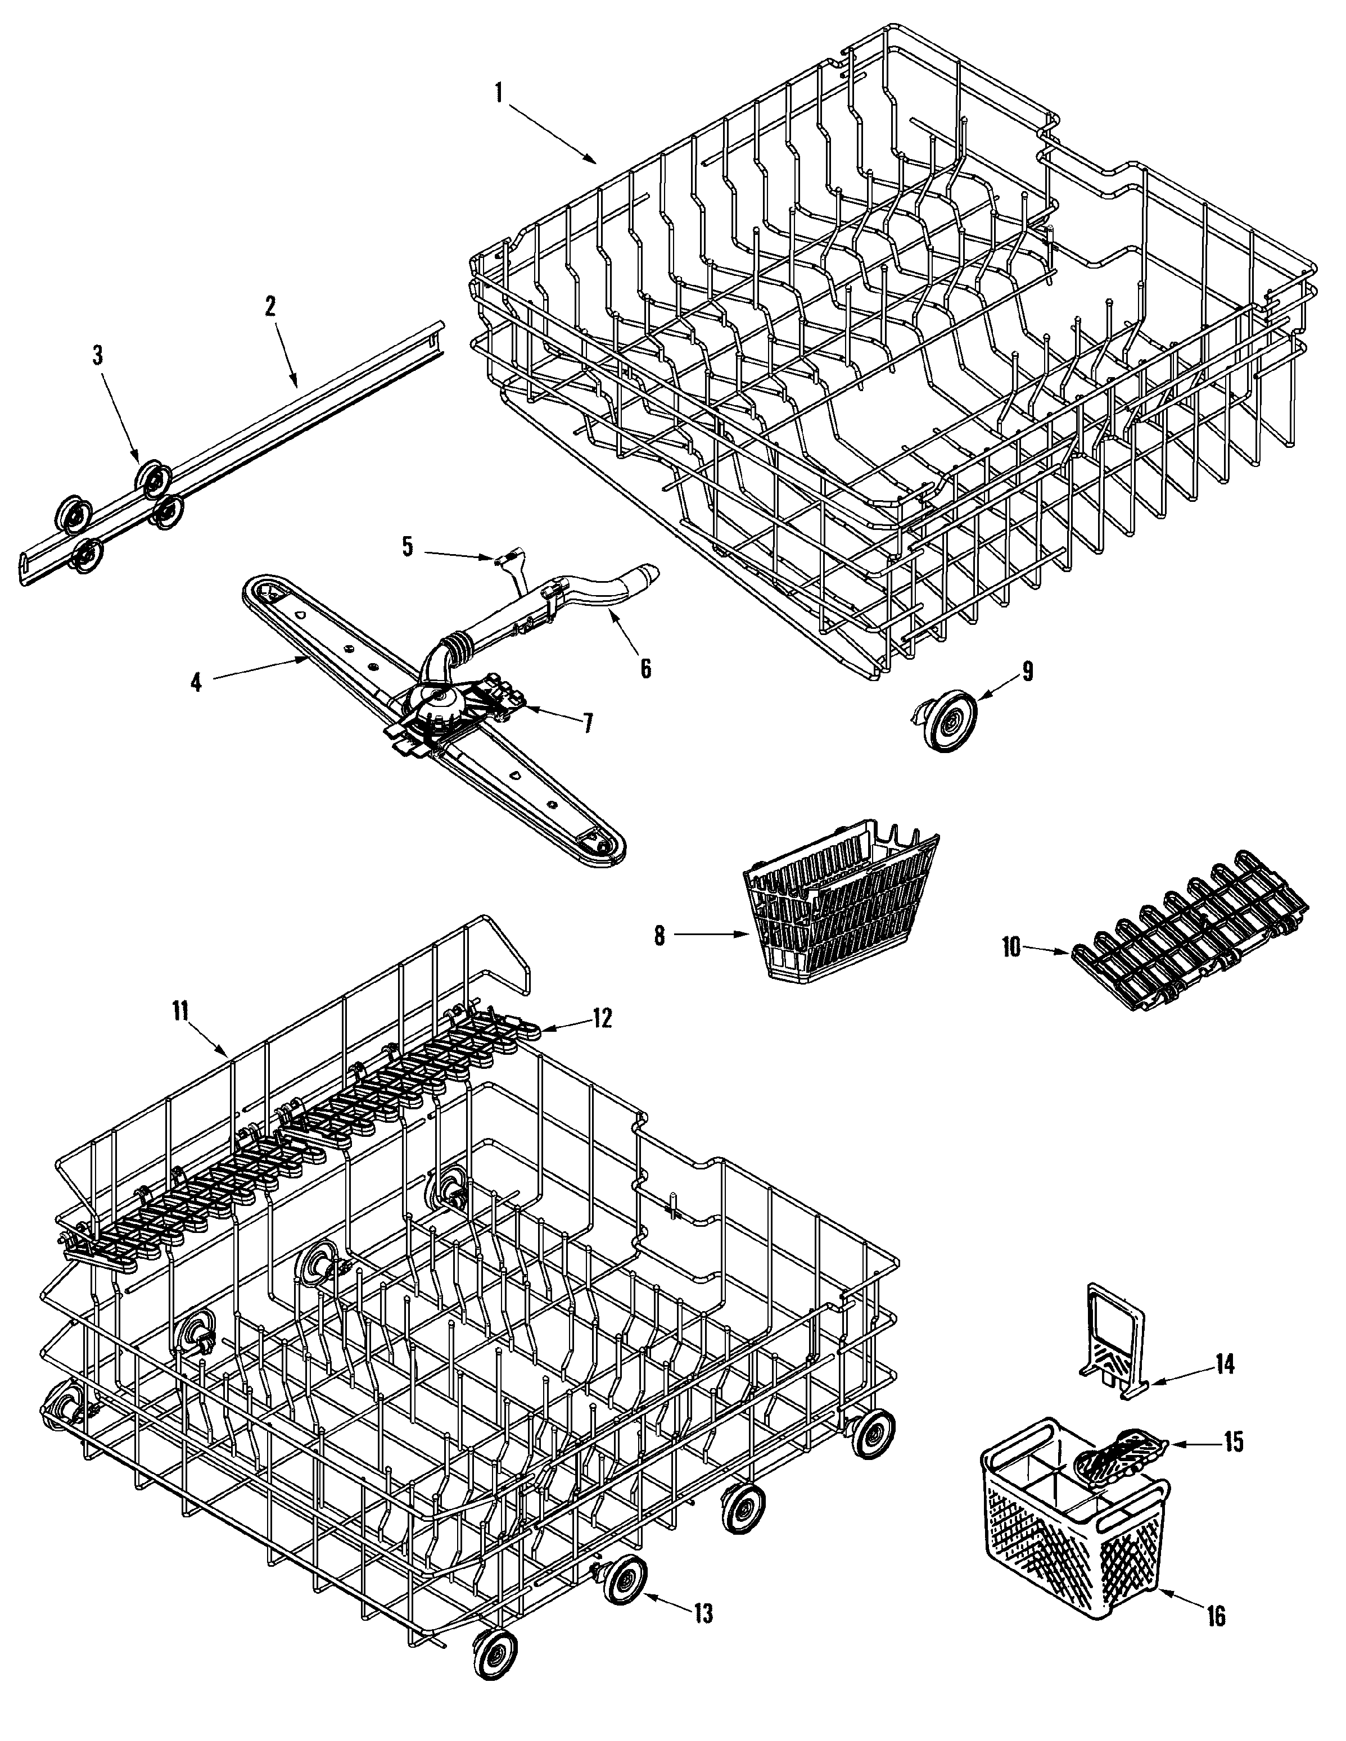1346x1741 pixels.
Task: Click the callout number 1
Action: click(x=499, y=93)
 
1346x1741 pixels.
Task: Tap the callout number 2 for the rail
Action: click(x=270, y=306)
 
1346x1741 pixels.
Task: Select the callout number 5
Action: click(x=408, y=548)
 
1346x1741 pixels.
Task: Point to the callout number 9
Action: click(x=1027, y=671)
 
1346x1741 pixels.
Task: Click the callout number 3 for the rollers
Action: click(x=97, y=356)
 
